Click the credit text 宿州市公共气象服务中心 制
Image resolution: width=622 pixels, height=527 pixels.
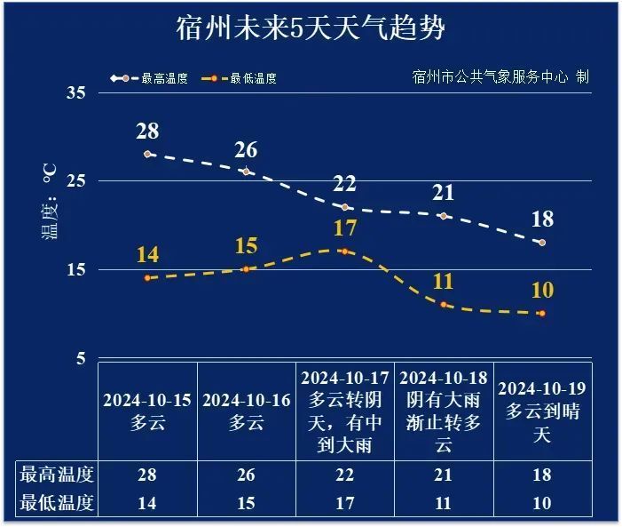pyautogui.click(x=500, y=76)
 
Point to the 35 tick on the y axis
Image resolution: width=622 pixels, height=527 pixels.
pyautogui.click(x=75, y=93)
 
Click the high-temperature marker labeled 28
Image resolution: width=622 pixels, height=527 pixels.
pyautogui.click(x=147, y=154)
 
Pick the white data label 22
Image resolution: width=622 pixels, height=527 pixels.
pyautogui.click(x=344, y=184)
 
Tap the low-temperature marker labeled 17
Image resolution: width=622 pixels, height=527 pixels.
pyautogui.click(x=344, y=251)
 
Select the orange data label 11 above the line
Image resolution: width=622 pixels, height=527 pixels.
pyautogui.click(x=443, y=282)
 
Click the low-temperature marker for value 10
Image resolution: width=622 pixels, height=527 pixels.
pyautogui.click(x=541, y=313)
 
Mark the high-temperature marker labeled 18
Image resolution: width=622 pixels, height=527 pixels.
pyautogui.click(x=541, y=243)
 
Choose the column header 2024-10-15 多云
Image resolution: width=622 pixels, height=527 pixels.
pyautogui.click(x=147, y=411)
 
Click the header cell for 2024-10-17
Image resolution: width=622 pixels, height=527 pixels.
pyautogui.click(x=344, y=411)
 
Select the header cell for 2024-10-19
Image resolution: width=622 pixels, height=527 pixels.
pyautogui.click(x=541, y=411)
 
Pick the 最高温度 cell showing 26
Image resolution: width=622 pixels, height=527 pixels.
pyautogui.click(x=246, y=475)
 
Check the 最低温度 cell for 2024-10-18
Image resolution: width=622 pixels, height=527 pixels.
pyautogui.click(x=443, y=502)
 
